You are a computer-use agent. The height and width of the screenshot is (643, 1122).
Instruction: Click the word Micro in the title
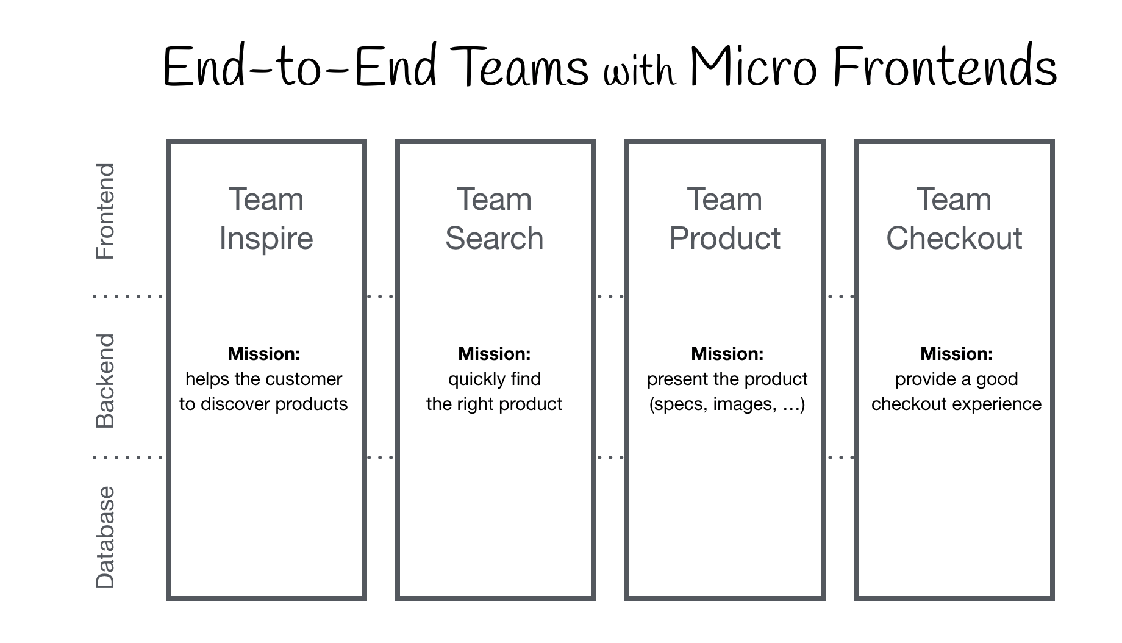[x=754, y=67]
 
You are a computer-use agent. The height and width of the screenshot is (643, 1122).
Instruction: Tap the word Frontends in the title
[x=945, y=67]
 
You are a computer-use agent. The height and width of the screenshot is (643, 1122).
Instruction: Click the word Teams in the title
[x=522, y=67]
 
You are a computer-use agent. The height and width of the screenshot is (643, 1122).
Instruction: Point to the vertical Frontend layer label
[x=105, y=211]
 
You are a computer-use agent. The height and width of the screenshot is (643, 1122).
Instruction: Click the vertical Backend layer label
[x=105, y=381]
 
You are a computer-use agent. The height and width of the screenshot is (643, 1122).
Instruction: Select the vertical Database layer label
[x=105, y=537]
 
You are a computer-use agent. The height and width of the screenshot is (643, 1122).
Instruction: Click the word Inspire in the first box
[x=266, y=239]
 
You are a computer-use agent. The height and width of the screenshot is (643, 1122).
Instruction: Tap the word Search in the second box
[x=494, y=238]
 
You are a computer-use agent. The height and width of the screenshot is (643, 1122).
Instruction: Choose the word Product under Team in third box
[x=724, y=238]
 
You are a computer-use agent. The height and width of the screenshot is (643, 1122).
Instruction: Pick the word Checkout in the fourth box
[x=954, y=238]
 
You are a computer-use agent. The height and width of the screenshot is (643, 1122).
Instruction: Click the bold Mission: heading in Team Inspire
[x=264, y=354]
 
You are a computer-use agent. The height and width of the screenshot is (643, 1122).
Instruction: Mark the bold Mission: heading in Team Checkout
[x=956, y=354]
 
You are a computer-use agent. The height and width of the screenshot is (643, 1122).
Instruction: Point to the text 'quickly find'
[x=495, y=379]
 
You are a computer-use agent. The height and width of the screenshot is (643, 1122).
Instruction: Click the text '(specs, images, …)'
[x=727, y=404]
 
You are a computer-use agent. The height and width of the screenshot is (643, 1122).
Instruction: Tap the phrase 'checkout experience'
[x=956, y=404]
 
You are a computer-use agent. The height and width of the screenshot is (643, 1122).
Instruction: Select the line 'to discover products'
[x=263, y=404]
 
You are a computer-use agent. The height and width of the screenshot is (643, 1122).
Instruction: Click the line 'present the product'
[x=727, y=379]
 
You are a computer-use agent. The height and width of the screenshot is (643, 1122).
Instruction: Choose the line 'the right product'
[x=494, y=404]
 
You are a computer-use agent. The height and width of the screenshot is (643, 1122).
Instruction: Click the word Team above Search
[x=494, y=199]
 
